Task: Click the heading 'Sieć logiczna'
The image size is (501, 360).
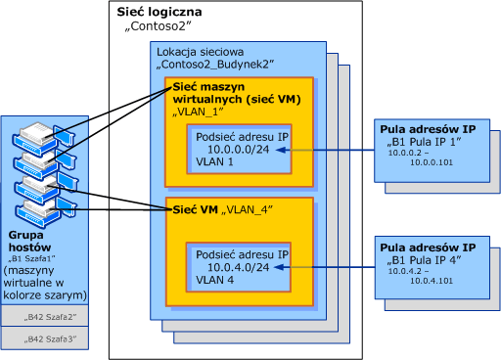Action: (159, 12)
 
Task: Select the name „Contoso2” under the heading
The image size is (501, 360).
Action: (158, 26)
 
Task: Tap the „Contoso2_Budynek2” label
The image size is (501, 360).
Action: (214, 65)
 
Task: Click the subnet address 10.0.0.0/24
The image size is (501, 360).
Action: (239, 150)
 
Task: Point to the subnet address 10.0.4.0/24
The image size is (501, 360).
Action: (239, 267)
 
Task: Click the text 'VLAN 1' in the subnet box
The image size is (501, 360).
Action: (214, 161)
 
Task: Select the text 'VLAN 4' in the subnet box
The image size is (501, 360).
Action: (214, 280)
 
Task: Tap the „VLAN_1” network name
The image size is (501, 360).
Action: (198, 112)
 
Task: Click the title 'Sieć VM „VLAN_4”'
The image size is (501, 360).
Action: (223, 209)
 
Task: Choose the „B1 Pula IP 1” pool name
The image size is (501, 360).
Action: (424, 142)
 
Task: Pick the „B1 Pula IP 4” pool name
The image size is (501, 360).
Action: (424, 260)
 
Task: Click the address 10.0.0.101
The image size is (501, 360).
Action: (432, 162)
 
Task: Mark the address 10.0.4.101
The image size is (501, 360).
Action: (432, 281)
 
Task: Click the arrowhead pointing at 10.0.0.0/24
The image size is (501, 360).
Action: (281, 150)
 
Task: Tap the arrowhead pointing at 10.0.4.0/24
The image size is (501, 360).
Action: (280, 267)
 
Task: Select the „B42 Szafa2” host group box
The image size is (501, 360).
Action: (45, 316)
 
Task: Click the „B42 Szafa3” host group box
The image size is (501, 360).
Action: (45, 338)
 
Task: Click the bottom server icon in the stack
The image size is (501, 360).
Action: (45, 213)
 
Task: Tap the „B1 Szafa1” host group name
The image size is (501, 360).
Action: (31, 259)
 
